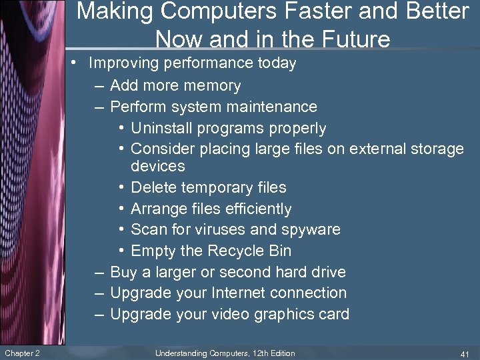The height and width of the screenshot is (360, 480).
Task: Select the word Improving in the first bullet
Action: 120,64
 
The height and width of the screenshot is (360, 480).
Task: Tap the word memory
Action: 213,85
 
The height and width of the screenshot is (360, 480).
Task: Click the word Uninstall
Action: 161,128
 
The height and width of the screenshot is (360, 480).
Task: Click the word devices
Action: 158,165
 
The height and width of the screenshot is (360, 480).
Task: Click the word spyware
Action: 310,229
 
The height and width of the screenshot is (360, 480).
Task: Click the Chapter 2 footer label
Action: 22,353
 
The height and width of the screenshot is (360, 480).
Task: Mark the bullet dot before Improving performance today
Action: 78,64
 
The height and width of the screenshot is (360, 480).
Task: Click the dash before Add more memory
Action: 99,86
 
